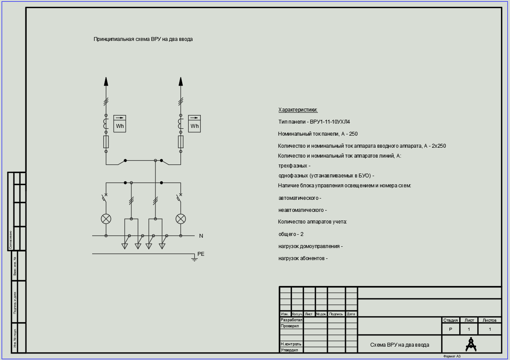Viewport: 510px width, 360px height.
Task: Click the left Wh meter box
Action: tap(120, 124)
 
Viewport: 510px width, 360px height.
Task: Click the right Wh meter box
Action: tap(195, 124)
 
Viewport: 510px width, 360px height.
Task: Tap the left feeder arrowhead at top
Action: tap(106, 81)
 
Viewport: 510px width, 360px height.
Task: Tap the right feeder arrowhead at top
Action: tap(181, 81)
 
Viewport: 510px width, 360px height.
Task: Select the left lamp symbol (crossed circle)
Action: tap(106, 219)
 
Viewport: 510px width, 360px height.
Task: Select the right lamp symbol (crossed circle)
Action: tap(181, 219)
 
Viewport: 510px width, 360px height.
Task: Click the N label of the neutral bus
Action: tap(201, 236)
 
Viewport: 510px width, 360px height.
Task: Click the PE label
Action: tap(201, 254)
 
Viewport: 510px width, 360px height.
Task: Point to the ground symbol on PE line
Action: tap(194, 259)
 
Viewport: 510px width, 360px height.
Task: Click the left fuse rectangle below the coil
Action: tap(106, 142)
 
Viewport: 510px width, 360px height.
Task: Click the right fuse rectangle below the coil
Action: tap(181, 142)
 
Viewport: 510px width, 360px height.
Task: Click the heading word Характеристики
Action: tap(298, 110)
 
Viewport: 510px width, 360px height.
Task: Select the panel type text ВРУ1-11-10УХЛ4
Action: tap(330, 122)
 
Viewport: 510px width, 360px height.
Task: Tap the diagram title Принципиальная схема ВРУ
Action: tap(143, 39)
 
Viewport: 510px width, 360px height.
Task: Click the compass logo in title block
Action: tap(471, 344)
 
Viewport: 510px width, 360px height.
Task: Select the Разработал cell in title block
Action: tap(291, 320)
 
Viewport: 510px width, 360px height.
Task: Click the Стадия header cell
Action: tap(451, 320)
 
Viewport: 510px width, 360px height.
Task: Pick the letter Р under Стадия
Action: tap(451, 329)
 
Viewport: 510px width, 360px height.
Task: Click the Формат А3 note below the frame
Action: tap(452, 357)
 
